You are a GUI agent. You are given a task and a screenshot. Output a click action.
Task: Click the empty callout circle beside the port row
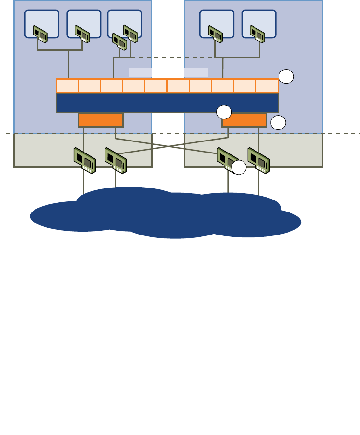[286, 77]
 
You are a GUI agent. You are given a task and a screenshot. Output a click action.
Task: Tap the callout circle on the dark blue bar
[223, 112]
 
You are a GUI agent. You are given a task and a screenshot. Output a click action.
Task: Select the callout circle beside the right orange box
[278, 123]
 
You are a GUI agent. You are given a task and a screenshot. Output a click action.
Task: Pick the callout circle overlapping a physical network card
[239, 167]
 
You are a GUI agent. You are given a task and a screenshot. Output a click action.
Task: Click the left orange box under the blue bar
[101, 120]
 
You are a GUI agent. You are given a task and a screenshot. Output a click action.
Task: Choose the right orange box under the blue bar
[244, 120]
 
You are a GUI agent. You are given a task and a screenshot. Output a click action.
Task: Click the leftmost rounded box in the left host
[42, 24]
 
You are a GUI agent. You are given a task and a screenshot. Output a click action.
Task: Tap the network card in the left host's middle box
[82, 34]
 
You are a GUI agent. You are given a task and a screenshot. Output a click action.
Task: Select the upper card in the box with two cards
[130, 33]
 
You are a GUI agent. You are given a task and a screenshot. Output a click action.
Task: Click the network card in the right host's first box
[215, 33]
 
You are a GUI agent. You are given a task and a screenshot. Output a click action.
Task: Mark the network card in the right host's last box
[257, 33]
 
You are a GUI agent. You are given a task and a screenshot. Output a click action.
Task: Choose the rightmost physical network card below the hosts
[259, 160]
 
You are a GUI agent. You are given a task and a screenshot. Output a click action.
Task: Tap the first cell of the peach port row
[67, 86]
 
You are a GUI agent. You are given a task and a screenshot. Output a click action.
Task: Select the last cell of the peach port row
[267, 86]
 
